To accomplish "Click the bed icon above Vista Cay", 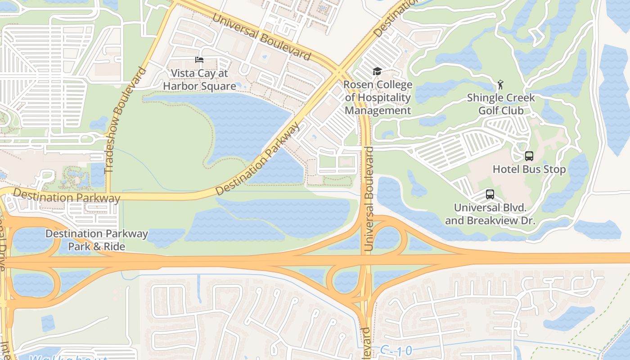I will (x=199, y=60).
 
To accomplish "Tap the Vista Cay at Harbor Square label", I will (x=199, y=80).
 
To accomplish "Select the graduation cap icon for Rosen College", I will (x=377, y=71).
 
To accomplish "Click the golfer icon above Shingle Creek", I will (x=500, y=84).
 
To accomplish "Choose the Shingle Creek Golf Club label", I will (x=501, y=104).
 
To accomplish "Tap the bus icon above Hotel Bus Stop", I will (x=529, y=156).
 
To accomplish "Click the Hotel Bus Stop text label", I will (x=529, y=170).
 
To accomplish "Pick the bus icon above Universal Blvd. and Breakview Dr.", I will (x=490, y=194).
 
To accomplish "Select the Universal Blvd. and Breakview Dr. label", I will (x=490, y=214).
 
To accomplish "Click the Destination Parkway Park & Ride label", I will (x=97, y=240).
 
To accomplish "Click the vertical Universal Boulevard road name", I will (x=369, y=198).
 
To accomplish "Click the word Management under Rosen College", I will (x=378, y=111).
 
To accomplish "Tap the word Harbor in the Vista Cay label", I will (x=181, y=86).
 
